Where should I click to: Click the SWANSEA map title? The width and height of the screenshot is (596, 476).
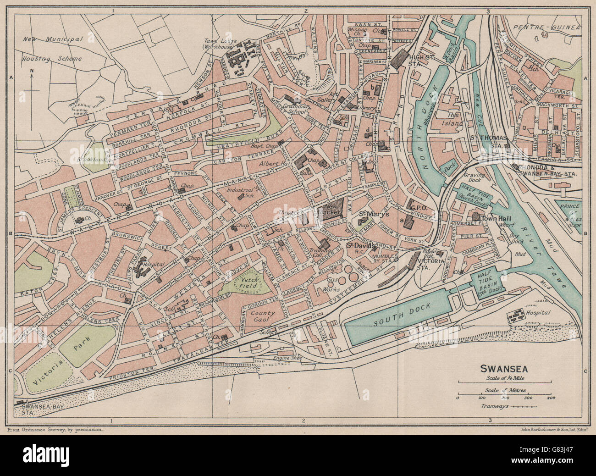(x=503, y=368)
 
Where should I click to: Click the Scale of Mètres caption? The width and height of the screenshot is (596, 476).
(x=503, y=391)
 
